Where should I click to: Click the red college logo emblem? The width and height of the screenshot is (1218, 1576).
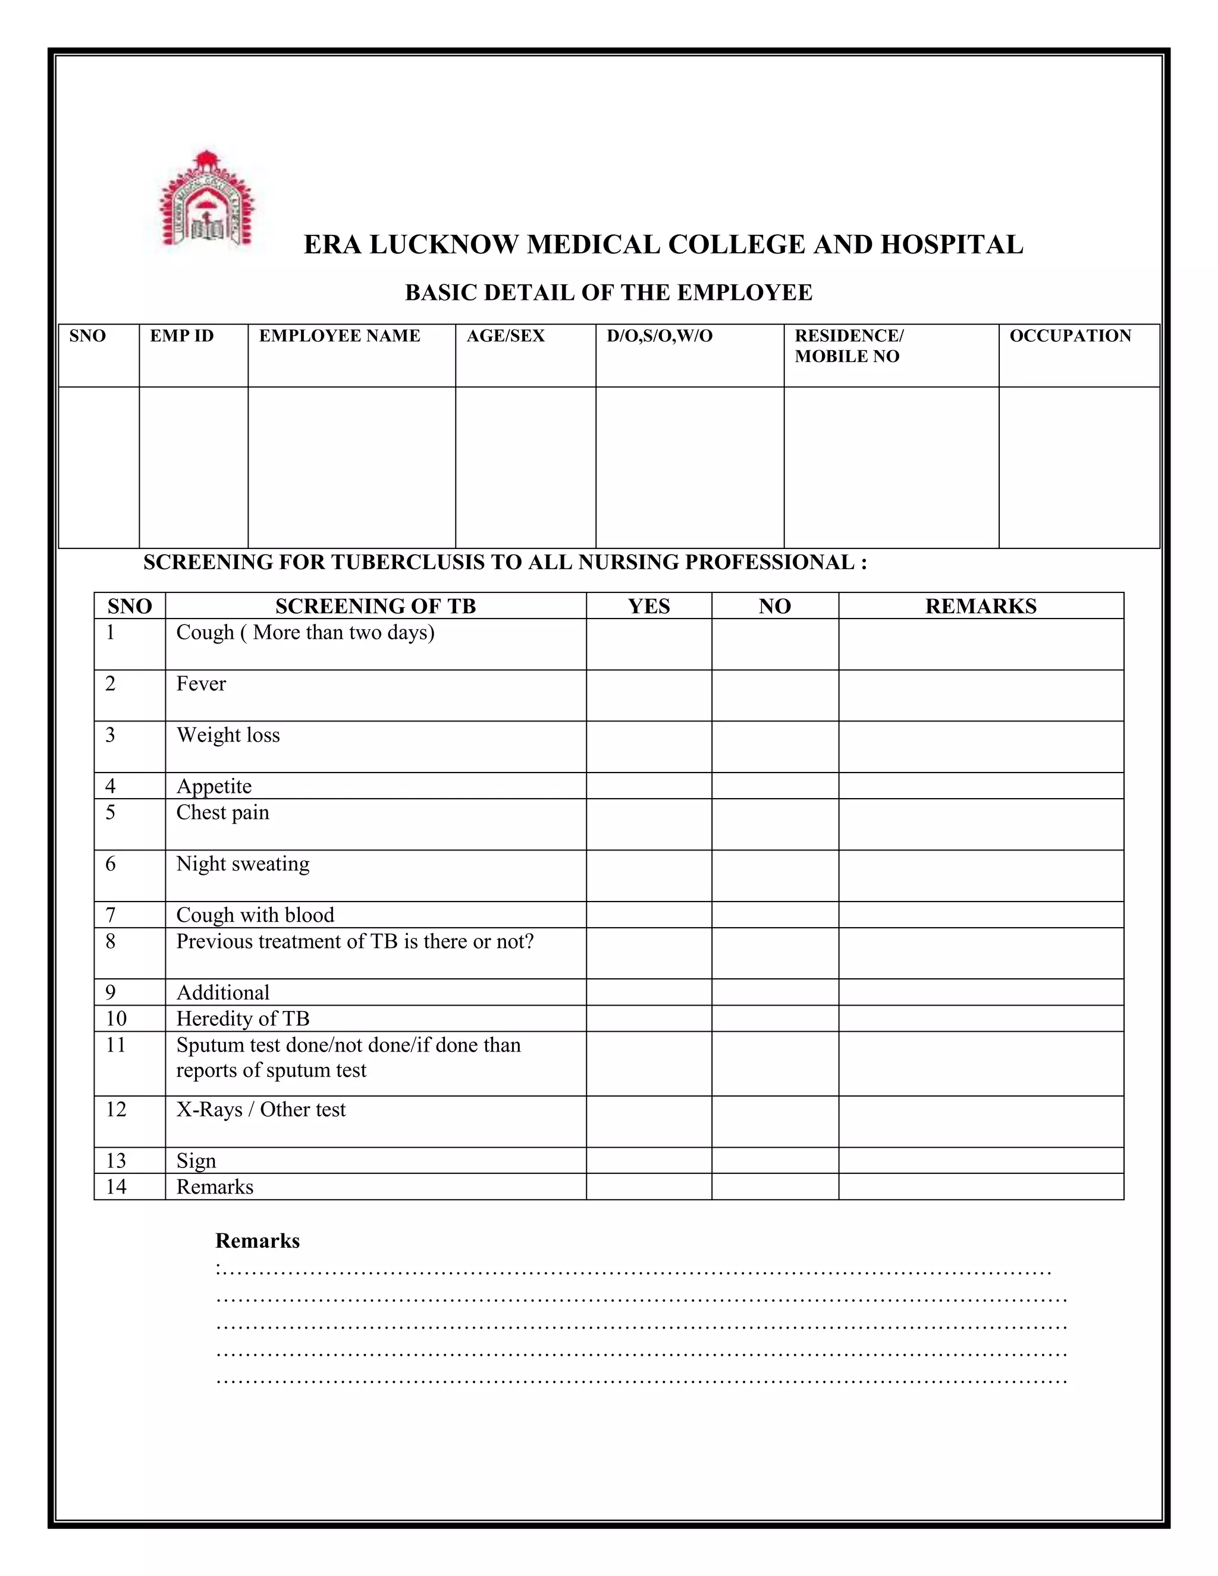pyautogui.click(x=207, y=200)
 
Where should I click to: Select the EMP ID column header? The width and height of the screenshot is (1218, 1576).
pyautogui.click(x=182, y=336)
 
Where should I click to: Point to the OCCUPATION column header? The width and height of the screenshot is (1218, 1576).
pyautogui.click(x=1069, y=336)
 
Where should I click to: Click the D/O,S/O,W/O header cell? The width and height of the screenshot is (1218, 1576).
pyautogui.click(x=659, y=336)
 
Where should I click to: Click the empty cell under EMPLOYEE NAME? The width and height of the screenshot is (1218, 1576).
pyautogui.click(x=351, y=467)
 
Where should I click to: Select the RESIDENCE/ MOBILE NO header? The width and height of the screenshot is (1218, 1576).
pyautogui.click(x=849, y=346)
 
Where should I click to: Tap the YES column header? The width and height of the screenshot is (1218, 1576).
pyautogui.click(x=649, y=606)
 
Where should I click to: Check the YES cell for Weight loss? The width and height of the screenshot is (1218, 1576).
pyautogui.click(x=649, y=747)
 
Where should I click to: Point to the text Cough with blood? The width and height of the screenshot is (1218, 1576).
pyautogui.click(x=255, y=915)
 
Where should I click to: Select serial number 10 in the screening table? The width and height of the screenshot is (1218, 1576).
pyautogui.click(x=116, y=1018)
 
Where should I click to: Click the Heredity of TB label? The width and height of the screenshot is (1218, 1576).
pyautogui.click(x=243, y=1018)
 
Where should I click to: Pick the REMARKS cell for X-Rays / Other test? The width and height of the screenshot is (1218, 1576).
pyautogui.click(x=981, y=1122)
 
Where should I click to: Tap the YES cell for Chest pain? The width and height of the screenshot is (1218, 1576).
pyautogui.click(x=649, y=824)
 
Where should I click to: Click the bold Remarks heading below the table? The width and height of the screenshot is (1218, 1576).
pyautogui.click(x=257, y=1241)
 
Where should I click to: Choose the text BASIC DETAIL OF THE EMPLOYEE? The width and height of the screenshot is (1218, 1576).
pyautogui.click(x=608, y=293)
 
